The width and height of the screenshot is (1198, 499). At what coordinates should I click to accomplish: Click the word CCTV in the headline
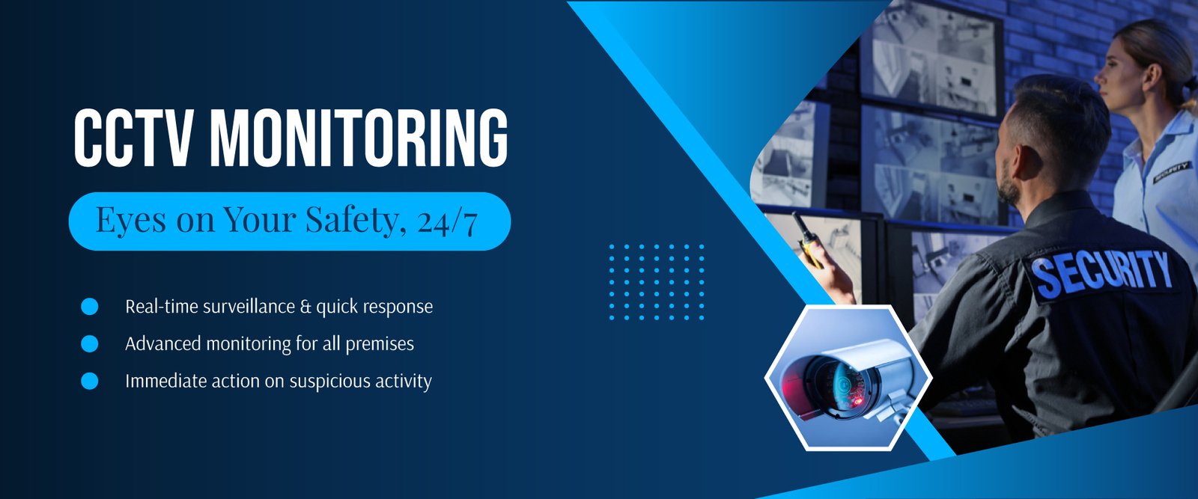(133, 138)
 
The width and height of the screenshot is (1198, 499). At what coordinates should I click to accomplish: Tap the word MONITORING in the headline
(359, 138)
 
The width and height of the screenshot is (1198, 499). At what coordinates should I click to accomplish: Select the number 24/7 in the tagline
(447, 221)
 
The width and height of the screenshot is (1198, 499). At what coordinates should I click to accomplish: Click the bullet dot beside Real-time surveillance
(89, 307)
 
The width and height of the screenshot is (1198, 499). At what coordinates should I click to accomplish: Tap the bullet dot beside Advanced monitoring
(89, 343)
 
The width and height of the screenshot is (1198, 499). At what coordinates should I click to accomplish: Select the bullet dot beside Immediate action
(89, 381)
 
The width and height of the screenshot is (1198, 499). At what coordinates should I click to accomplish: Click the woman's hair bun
(1191, 85)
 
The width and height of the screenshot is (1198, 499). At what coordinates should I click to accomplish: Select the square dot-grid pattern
(657, 282)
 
